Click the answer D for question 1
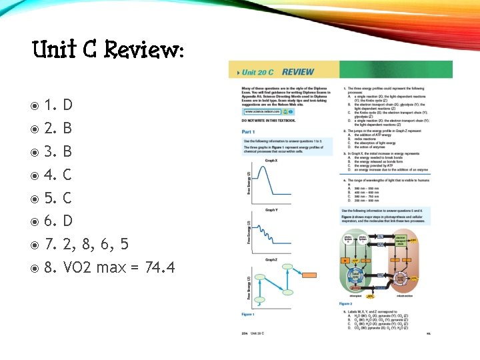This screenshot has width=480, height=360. pos(68,104)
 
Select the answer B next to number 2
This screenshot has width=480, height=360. pos(67,127)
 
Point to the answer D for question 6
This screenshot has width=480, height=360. pos(68,221)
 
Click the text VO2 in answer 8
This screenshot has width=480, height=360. pos(77,268)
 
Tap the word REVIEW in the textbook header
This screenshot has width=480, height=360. pos(298,71)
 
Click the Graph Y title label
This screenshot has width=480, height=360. pos(271,210)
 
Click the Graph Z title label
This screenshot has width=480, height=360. pos(271,259)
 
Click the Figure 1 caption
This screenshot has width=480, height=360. pos(249,313)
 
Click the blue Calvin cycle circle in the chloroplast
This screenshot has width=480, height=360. pos(358,274)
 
